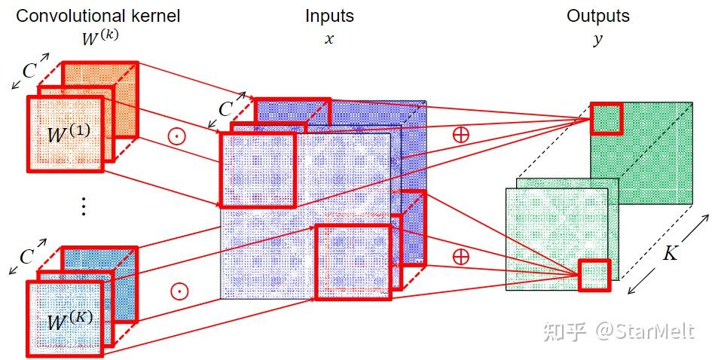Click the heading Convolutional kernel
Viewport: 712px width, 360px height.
point(98,16)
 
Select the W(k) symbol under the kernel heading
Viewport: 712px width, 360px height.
point(99,38)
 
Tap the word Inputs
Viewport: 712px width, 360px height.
point(329,16)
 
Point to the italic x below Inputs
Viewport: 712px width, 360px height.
point(328,38)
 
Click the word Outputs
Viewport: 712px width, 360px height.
point(597,16)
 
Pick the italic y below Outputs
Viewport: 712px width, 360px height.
point(597,39)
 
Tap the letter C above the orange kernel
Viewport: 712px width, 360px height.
point(29,71)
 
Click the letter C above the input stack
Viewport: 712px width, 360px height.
point(225,108)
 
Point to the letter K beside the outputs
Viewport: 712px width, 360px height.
point(669,254)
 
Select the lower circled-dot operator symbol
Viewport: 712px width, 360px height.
point(178,291)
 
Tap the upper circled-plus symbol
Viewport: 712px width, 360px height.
point(460,135)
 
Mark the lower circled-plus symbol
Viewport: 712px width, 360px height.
point(460,256)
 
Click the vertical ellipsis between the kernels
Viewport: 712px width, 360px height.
point(84,206)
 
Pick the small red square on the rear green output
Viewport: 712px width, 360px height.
point(606,117)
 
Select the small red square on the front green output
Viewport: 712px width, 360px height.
point(593,274)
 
